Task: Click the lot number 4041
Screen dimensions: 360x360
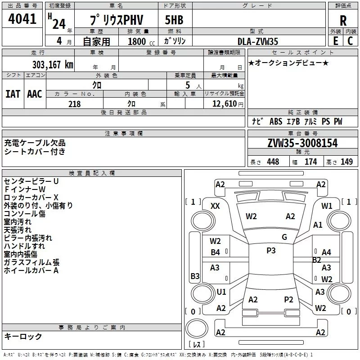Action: coord(22,20)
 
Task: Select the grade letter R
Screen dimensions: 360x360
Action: coord(343,21)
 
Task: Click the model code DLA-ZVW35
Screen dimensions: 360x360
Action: coord(258,41)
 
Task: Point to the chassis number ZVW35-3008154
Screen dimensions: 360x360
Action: coord(302,143)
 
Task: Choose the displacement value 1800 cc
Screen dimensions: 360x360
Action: coord(139,41)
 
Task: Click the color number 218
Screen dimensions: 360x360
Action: coord(74,104)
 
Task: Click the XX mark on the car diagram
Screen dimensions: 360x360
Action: coord(215,206)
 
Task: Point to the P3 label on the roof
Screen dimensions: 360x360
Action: coord(271,251)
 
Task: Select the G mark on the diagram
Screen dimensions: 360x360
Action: coord(284,237)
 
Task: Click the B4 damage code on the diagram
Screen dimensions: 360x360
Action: coord(216,252)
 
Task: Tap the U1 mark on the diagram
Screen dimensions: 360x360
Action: coord(221,292)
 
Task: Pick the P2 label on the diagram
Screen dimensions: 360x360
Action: coord(288,299)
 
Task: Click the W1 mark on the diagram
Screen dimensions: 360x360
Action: coord(327,206)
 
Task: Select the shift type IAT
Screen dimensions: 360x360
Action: coord(13,94)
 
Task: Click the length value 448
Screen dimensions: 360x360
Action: coord(273,162)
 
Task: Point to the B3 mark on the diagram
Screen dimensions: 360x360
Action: coord(195,276)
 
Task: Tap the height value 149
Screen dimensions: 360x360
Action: coord(346,162)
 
